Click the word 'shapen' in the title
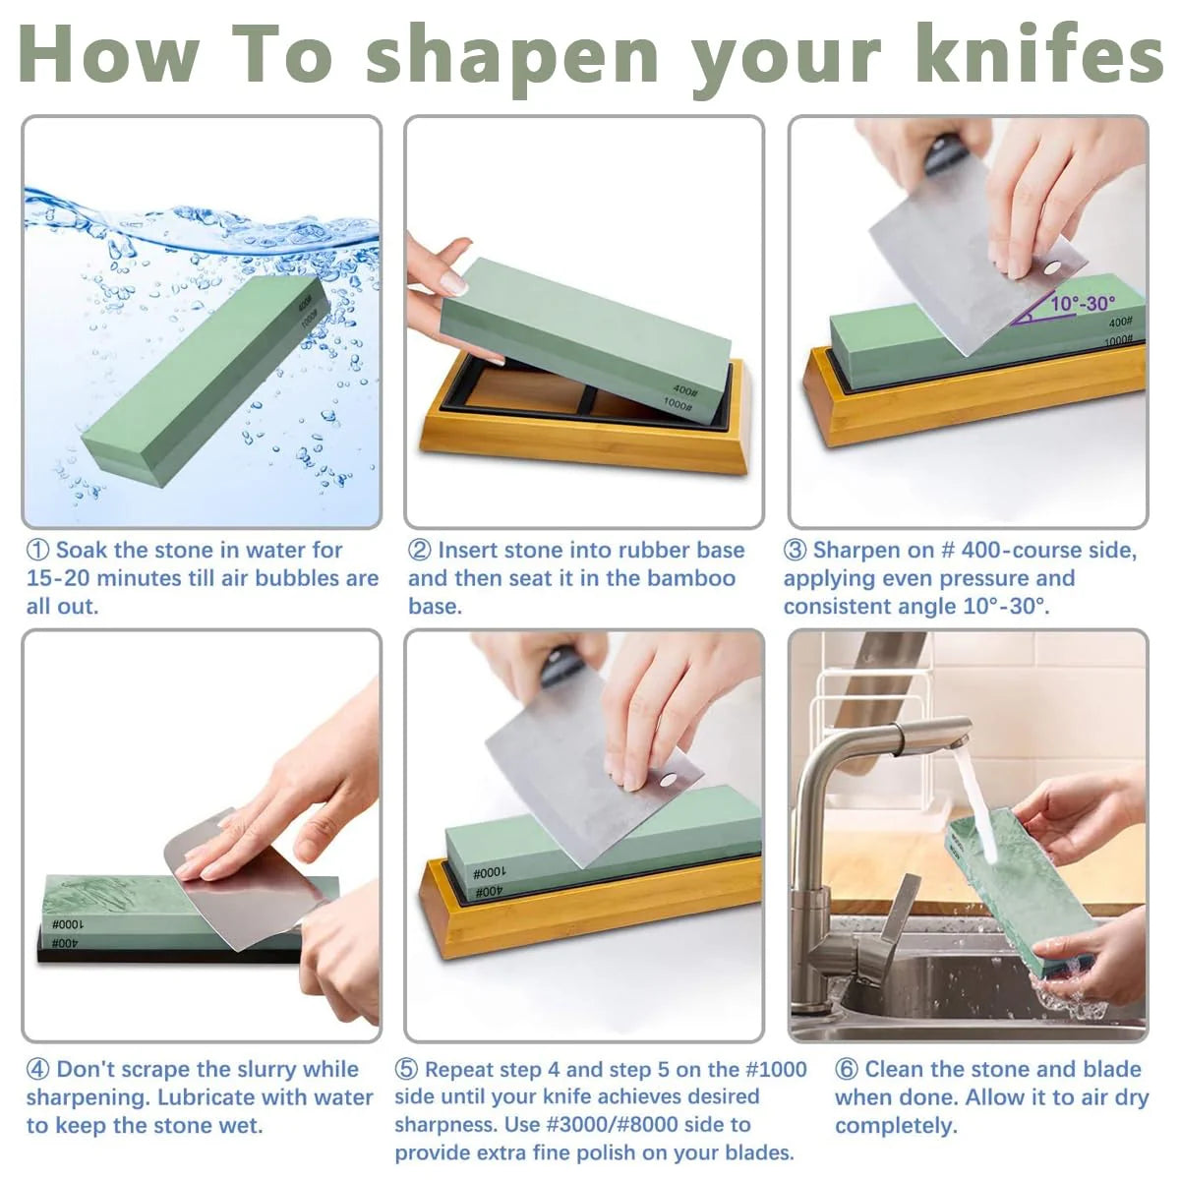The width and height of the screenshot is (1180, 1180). pos(512,58)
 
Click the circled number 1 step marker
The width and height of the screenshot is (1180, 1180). pos(38,551)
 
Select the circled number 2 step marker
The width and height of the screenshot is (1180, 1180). pos(420,551)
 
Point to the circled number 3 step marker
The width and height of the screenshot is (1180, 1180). pos(795,551)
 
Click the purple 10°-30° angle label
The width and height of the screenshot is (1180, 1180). pos(1084,304)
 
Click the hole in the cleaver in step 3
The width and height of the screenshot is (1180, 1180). pos(1052,268)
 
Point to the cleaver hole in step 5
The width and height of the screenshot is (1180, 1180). pos(670,780)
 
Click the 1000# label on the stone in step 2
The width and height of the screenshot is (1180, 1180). pos(678,404)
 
